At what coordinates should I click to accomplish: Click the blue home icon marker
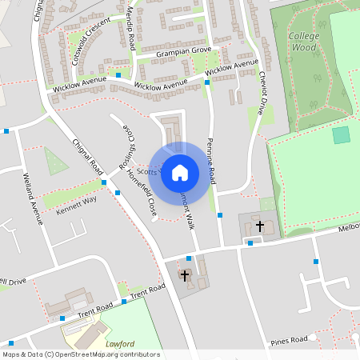point(180,172)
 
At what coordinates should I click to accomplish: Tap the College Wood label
point(304,42)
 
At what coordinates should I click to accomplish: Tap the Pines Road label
point(290,340)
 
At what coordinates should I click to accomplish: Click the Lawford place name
point(119,344)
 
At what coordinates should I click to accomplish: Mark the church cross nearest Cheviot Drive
point(259,226)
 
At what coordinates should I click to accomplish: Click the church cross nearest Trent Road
point(185,276)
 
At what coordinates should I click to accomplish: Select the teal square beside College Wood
point(342,135)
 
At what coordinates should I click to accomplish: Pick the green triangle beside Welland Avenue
point(55,162)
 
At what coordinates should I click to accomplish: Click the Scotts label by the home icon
point(147,170)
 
